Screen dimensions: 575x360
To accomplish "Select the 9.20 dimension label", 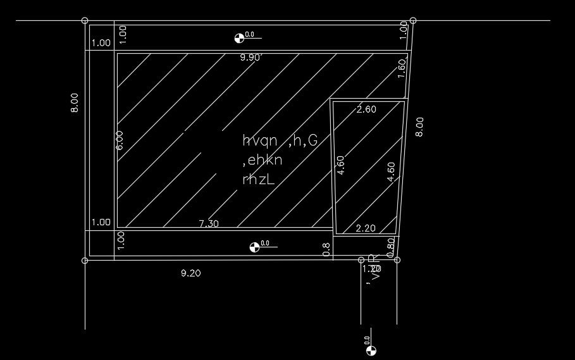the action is pyautogui.click(x=191, y=273).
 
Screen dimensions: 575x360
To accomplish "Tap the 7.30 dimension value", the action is pyautogui.click(x=209, y=223).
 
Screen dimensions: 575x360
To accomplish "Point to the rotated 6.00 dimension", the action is pyautogui.click(x=120, y=140).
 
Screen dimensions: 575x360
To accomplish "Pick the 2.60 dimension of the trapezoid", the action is pyautogui.click(x=366, y=109).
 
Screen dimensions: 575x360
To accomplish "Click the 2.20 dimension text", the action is pyautogui.click(x=366, y=228).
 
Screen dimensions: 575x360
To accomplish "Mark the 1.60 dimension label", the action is pyautogui.click(x=401, y=68).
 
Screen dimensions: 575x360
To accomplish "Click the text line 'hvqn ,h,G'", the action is pyautogui.click(x=280, y=141).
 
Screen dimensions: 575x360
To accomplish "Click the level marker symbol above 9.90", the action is pyautogui.click(x=239, y=38).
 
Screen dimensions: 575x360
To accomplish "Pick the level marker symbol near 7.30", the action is pyautogui.click(x=254, y=247).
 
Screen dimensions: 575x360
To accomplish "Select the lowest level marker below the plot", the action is pyautogui.click(x=371, y=351).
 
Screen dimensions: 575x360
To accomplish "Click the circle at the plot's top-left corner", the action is pyautogui.click(x=85, y=20).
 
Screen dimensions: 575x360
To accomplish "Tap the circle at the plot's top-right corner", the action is pyautogui.click(x=413, y=20).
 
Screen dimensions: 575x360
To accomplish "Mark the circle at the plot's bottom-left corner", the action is pyautogui.click(x=85, y=259).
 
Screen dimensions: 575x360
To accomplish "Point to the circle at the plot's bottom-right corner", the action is pyautogui.click(x=397, y=259).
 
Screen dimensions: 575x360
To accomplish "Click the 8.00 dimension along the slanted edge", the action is pyautogui.click(x=419, y=127).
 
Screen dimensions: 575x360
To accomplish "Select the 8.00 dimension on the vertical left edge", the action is pyautogui.click(x=75, y=102).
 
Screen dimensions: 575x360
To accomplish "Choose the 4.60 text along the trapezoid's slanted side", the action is pyautogui.click(x=391, y=172).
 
